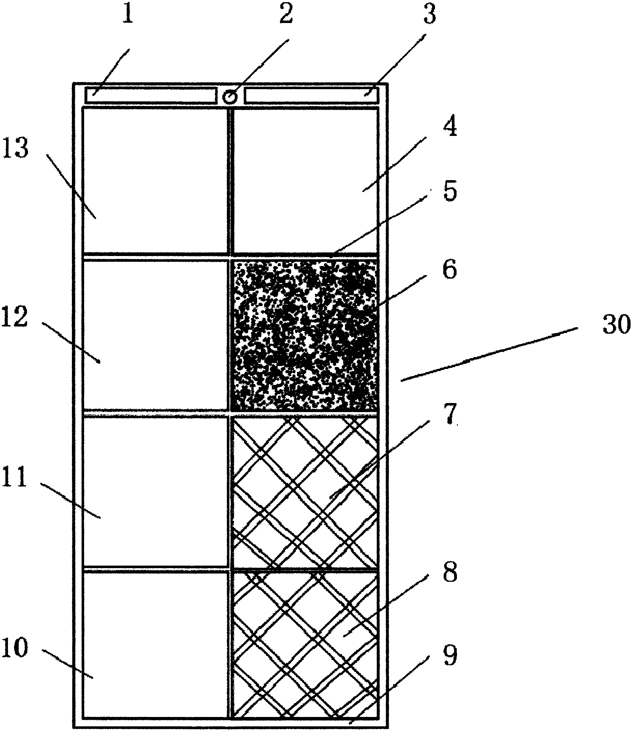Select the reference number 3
pos(429,15)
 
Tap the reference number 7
pos(449,415)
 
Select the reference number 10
pos(14,648)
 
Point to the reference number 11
pos(14,478)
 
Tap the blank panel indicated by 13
pos(155,180)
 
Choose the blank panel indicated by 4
pos(306,180)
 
